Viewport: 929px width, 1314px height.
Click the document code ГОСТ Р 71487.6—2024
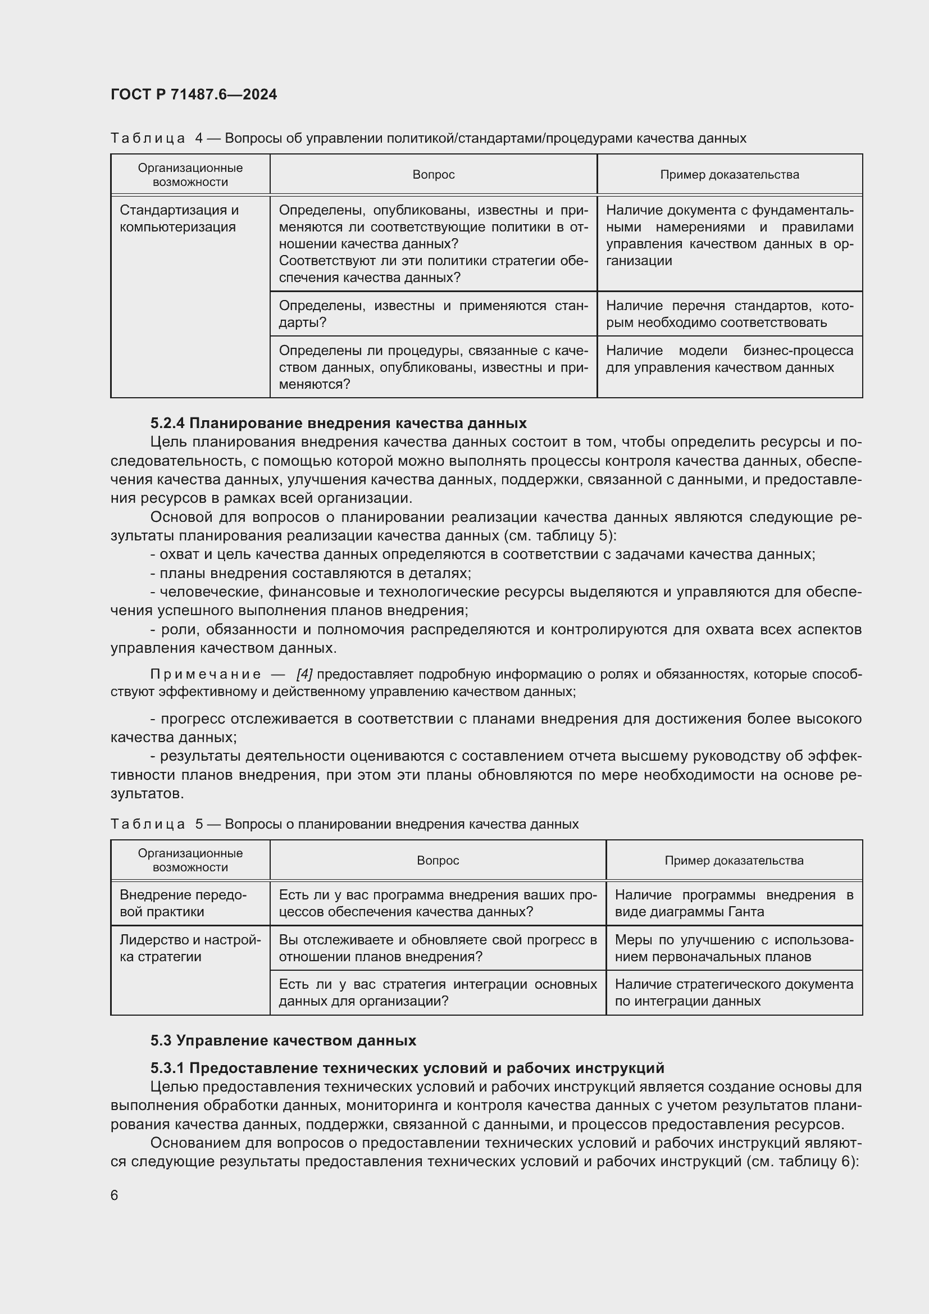point(193,94)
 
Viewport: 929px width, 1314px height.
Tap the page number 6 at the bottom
point(115,1195)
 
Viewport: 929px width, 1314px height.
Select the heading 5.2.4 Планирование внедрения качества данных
point(338,423)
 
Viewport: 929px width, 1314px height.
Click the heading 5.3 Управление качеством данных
point(283,1040)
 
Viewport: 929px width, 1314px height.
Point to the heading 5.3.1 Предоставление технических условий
point(407,1068)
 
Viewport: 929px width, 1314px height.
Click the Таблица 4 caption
point(428,138)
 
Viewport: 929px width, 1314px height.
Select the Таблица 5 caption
point(344,824)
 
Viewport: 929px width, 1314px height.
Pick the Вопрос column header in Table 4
point(433,175)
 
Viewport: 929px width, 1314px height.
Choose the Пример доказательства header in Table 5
point(734,860)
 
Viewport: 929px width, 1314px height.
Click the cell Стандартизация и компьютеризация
point(179,219)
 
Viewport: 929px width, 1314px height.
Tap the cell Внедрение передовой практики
point(183,903)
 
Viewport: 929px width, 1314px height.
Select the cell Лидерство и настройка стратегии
point(189,948)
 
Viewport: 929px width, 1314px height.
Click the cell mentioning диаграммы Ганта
point(734,903)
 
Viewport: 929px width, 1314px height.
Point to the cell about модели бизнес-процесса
point(729,359)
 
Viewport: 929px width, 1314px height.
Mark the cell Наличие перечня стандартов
point(729,314)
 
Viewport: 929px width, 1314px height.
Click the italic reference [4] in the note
point(304,674)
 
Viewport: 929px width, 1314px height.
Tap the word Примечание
point(206,674)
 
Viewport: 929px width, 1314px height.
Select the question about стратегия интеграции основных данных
point(437,992)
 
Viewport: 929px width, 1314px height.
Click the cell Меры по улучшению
point(734,948)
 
